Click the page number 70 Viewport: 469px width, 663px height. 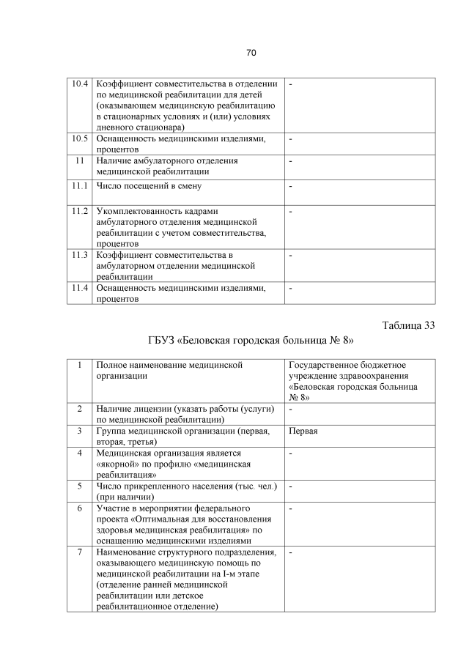251,53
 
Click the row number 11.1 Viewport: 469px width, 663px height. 80,185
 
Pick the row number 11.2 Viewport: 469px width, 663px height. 80,211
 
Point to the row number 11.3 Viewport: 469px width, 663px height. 80,255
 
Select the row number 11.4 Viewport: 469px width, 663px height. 80,288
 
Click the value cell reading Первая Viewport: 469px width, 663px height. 303,431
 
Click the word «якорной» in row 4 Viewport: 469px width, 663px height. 116,464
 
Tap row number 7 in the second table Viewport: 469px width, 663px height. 79,552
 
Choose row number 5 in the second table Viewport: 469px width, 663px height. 79,486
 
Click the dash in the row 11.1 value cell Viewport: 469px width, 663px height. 291,185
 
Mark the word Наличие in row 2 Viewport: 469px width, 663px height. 114,408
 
